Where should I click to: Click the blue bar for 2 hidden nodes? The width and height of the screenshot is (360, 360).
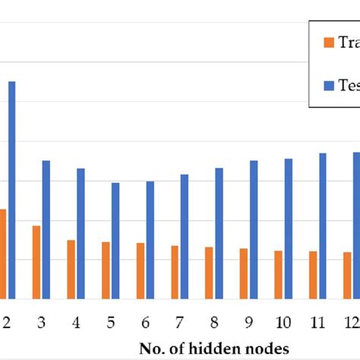[x=11, y=190]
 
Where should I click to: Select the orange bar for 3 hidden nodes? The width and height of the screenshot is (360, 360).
[x=36, y=262]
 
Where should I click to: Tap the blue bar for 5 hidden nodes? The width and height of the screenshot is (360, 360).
[x=115, y=240]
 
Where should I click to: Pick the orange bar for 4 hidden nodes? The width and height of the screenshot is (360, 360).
[x=71, y=269]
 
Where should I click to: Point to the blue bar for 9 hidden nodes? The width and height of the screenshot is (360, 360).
[x=254, y=229]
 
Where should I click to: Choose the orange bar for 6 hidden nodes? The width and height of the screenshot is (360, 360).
[x=141, y=270]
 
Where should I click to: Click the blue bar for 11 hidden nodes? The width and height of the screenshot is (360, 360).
[x=323, y=226]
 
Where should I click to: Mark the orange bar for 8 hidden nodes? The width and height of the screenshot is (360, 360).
[x=209, y=273]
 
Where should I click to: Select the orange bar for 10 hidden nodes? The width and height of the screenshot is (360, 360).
[x=278, y=274]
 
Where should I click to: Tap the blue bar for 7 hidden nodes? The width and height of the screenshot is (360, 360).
[x=185, y=236]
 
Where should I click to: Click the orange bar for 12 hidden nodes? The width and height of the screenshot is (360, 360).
[x=347, y=275]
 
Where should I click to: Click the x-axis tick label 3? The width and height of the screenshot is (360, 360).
[x=41, y=323]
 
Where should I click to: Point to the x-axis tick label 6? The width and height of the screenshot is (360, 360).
[x=145, y=323]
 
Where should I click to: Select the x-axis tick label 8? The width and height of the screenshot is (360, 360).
[x=214, y=323]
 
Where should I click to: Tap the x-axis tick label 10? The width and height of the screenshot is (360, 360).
[x=283, y=323]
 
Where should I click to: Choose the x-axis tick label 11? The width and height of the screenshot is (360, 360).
[x=317, y=323]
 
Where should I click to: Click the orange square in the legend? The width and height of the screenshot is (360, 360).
[x=329, y=43]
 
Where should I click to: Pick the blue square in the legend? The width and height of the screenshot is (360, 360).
[x=329, y=86]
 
